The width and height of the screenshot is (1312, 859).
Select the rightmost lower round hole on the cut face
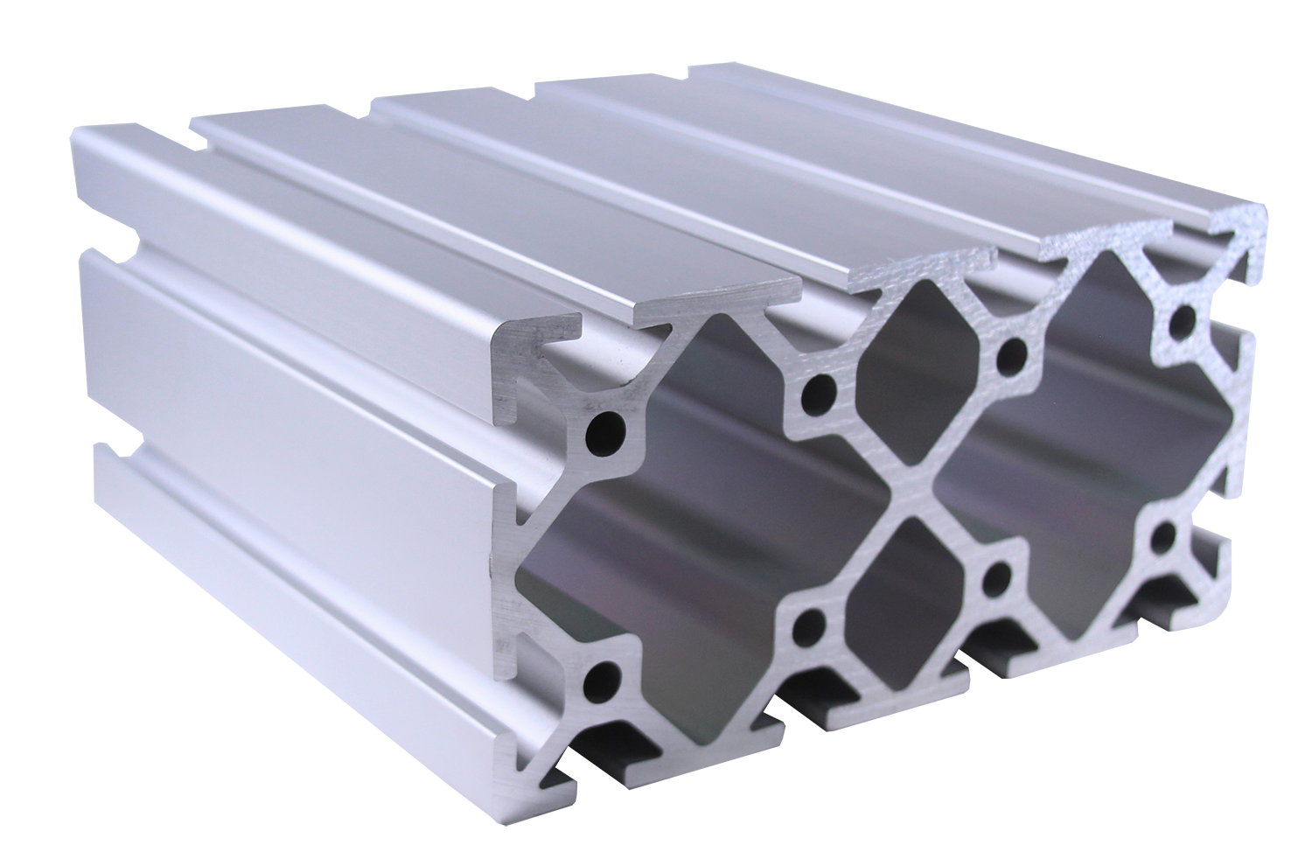[x=1165, y=535]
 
